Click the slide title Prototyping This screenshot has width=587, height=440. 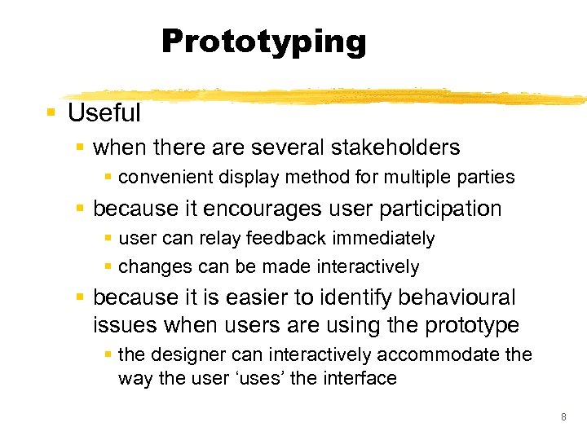point(264,41)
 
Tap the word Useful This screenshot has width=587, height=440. point(104,112)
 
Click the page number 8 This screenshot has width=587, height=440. point(563,417)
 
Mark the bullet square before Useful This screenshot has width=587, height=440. point(51,112)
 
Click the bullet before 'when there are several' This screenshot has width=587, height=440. point(78,148)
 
